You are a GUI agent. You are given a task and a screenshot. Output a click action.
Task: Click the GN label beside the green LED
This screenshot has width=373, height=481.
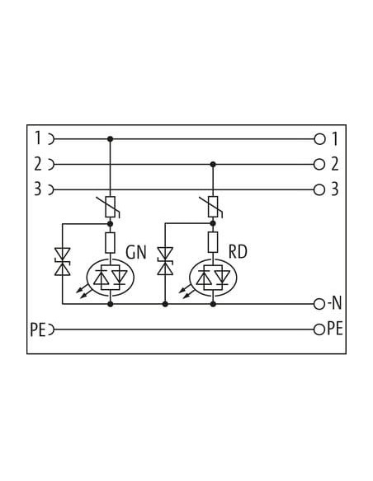[x=136, y=252]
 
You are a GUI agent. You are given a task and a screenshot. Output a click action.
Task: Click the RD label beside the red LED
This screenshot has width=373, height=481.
[x=238, y=252]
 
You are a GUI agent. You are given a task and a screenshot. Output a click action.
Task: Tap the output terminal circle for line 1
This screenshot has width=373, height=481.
[x=319, y=139]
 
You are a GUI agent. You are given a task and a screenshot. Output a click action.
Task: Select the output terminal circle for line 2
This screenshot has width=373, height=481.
[x=319, y=165]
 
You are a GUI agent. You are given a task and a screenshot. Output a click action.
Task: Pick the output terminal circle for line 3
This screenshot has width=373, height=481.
[x=319, y=190]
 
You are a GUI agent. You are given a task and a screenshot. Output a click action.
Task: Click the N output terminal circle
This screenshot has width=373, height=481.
[x=319, y=304]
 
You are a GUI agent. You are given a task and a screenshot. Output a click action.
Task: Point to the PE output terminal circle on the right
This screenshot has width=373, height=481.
[x=319, y=329]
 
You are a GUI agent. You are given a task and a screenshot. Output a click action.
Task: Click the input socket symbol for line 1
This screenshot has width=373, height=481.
[x=51, y=139]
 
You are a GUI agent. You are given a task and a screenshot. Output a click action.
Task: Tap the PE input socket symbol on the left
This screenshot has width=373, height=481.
[x=51, y=329]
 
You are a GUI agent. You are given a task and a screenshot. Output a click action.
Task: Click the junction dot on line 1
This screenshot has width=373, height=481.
[x=111, y=139]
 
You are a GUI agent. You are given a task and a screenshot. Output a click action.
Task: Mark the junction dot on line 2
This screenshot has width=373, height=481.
[x=213, y=165]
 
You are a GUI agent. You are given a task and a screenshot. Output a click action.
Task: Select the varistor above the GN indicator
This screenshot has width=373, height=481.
[x=110, y=207]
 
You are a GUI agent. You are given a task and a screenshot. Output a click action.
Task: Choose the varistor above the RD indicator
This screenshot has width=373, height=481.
[x=213, y=207]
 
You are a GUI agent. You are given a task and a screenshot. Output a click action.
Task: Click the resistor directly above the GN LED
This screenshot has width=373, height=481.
[x=111, y=243]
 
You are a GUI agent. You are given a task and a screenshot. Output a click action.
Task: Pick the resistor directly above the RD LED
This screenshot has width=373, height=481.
[x=213, y=243]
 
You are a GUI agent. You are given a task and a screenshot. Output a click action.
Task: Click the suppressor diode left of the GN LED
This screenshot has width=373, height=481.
[x=63, y=262]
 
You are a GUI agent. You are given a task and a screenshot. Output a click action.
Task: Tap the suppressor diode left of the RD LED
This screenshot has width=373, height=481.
[x=165, y=261]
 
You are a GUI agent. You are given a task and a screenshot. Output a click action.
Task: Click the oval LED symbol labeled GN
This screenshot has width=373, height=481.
[x=111, y=278]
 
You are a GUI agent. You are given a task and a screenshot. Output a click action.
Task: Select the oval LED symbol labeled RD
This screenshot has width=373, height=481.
[x=213, y=278]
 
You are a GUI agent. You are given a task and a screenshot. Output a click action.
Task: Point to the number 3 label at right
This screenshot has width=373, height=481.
[x=334, y=189]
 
